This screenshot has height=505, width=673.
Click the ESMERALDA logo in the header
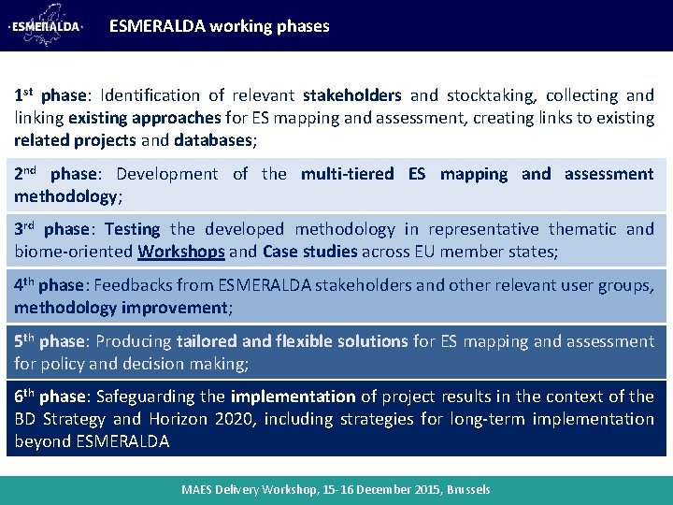point(46,26)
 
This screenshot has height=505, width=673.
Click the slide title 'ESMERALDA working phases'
point(219,26)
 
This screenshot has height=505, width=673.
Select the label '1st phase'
point(50,95)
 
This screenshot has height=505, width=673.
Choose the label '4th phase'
point(49,285)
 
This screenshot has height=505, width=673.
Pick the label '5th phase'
point(49,341)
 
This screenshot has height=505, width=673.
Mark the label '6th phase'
point(49,397)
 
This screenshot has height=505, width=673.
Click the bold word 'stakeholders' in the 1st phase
point(351,95)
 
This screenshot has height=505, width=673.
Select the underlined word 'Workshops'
point(181,252)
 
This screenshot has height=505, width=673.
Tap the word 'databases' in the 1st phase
point(213,140)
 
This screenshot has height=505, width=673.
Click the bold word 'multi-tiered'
point(349,174)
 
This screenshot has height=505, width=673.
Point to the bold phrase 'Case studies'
point(310,252)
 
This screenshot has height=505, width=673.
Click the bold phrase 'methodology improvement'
point(121,308)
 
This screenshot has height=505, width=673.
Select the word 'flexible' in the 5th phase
point(298,341)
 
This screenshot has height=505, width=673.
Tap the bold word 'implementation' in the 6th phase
point(293,397)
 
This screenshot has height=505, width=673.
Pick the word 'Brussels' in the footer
point(468,490)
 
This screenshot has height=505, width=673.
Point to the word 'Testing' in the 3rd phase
point(132,229)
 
